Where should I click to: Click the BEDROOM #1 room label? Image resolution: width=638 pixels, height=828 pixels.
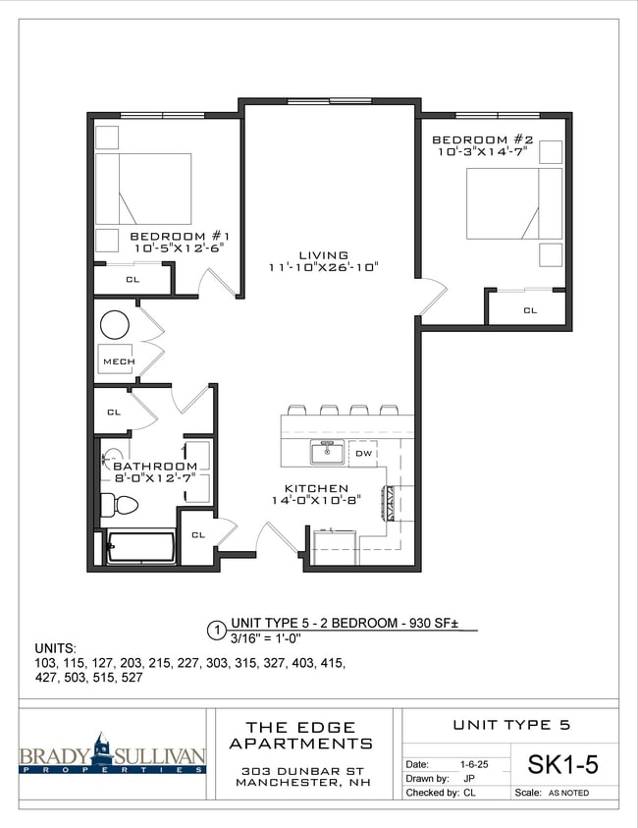tap(180, 236)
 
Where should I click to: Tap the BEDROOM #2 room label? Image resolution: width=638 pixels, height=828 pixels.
tap(482, 140)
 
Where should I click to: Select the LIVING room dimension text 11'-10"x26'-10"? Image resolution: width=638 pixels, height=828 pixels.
tap(323, 267)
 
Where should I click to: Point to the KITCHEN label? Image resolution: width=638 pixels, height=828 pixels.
tap(316, 488)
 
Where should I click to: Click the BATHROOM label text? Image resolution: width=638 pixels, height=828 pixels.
tap(154, 466)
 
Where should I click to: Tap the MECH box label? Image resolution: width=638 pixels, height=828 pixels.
tap(119, 361)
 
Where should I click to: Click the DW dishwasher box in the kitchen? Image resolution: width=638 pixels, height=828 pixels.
tap(363, 454)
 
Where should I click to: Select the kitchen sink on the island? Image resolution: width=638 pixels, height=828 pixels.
tap(326, 453)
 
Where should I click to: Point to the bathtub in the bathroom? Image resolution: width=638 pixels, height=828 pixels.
tap(141, 548)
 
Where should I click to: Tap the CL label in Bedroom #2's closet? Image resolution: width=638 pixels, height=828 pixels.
tap(530, 310)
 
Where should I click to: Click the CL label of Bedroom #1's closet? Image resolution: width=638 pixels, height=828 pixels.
tap(132, 280)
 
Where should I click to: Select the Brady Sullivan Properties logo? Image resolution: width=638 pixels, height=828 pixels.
tap(112, 755)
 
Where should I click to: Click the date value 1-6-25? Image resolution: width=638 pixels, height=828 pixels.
tap(469, 763)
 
